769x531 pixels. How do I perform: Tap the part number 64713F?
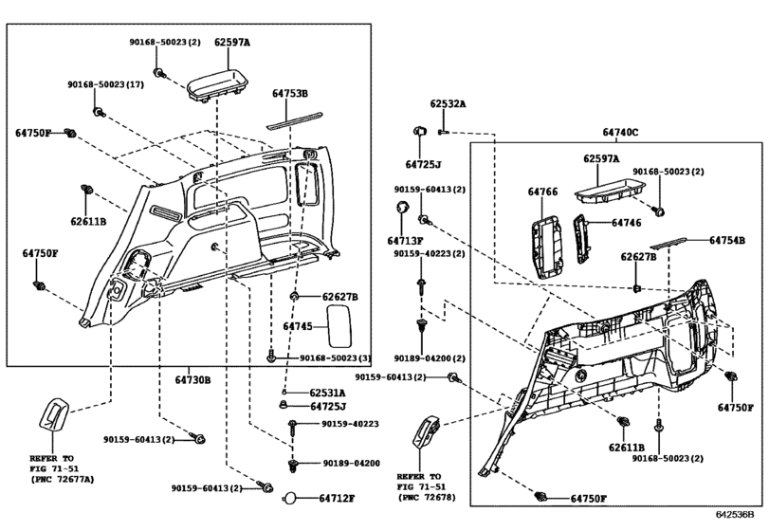(406, 241)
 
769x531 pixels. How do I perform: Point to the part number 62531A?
(327, 392)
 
